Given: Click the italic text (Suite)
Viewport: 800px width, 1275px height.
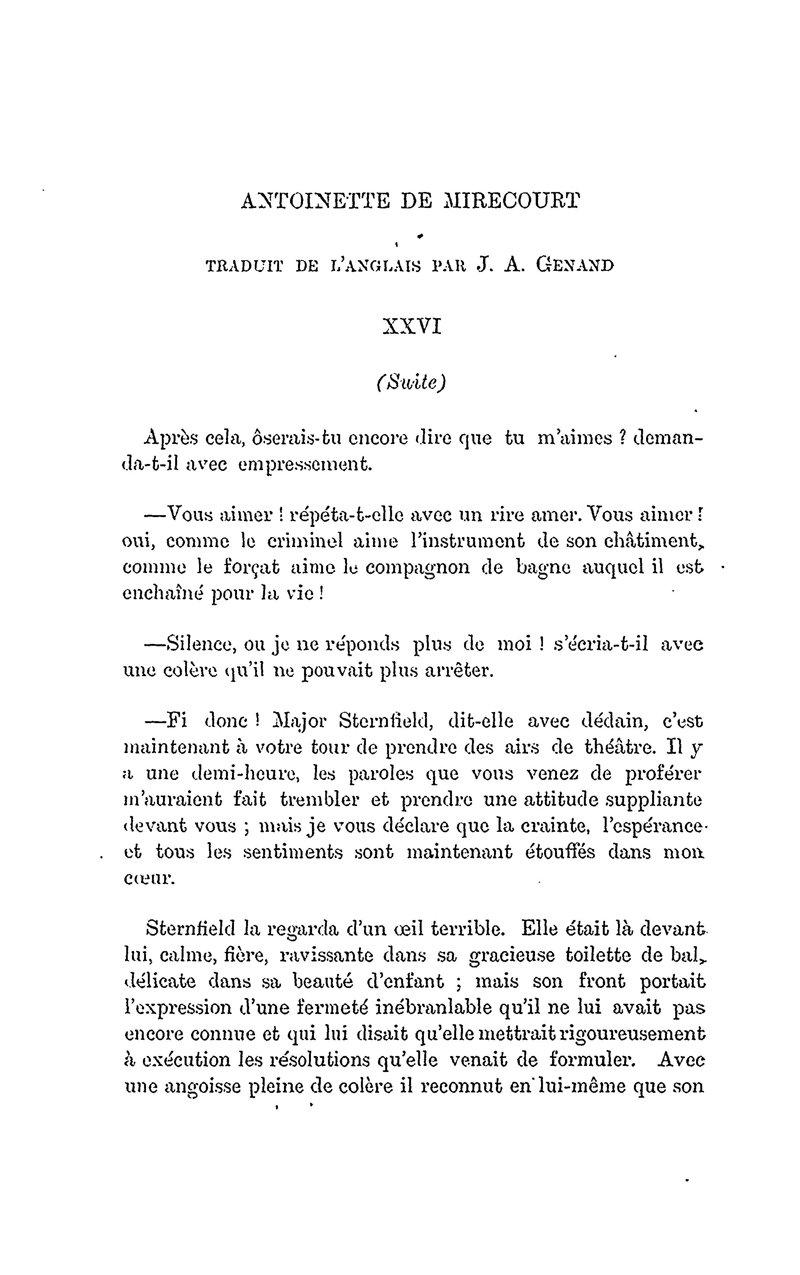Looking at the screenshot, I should (411, 382).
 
